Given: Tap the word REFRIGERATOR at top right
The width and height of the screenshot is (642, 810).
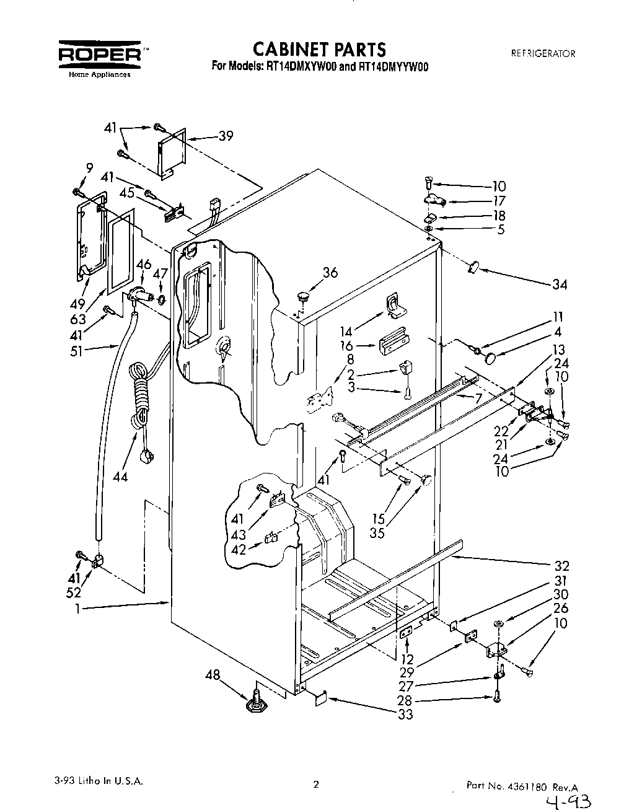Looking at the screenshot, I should click(x=543, y=53).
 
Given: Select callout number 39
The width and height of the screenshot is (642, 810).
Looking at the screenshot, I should click(x=226, y=136).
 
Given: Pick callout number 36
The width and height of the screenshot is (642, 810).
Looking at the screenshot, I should click(x=330, y=272).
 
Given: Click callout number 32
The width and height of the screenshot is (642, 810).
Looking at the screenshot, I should click(x=561, y=566).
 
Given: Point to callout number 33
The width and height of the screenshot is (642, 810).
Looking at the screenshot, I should click(x=405, y=715).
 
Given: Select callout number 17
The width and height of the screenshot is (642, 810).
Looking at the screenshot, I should click(x=499, y=201).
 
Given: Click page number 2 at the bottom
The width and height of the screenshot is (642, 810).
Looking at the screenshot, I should click(x=315, y=784).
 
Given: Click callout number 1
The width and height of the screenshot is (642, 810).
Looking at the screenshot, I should click(x=78, y=609).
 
